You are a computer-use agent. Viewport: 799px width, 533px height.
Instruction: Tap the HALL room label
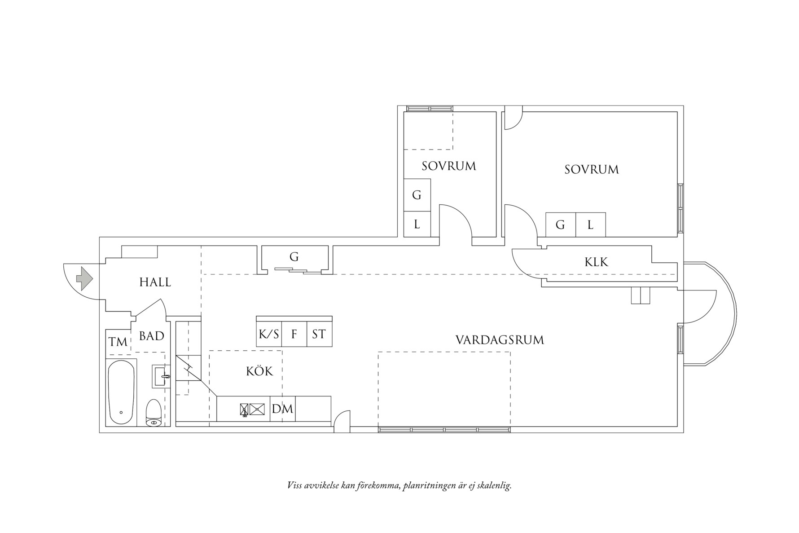(155, 282)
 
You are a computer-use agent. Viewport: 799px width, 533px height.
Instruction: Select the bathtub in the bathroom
(121, 392)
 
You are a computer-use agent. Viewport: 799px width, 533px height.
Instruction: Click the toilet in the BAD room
(154, 413)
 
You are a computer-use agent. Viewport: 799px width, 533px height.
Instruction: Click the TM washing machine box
(118, 342)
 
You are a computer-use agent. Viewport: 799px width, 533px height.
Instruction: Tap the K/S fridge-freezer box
(269, 335)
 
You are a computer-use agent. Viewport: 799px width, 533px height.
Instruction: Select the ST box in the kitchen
(319, 335)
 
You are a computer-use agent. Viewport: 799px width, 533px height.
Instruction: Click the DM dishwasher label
(282, 409)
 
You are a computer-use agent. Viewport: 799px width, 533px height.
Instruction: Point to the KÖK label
(259, 371)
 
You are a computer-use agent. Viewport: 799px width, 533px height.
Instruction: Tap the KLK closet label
(596, 262)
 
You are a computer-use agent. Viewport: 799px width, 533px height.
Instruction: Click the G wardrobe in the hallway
(294, 257)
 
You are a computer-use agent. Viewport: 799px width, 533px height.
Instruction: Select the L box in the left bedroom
(417, 224)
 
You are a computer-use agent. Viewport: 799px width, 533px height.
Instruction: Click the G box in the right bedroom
(560, 225)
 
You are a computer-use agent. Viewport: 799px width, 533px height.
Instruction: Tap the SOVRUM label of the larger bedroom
(591, 170)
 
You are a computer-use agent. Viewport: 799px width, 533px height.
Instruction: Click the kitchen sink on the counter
(257, 409)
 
